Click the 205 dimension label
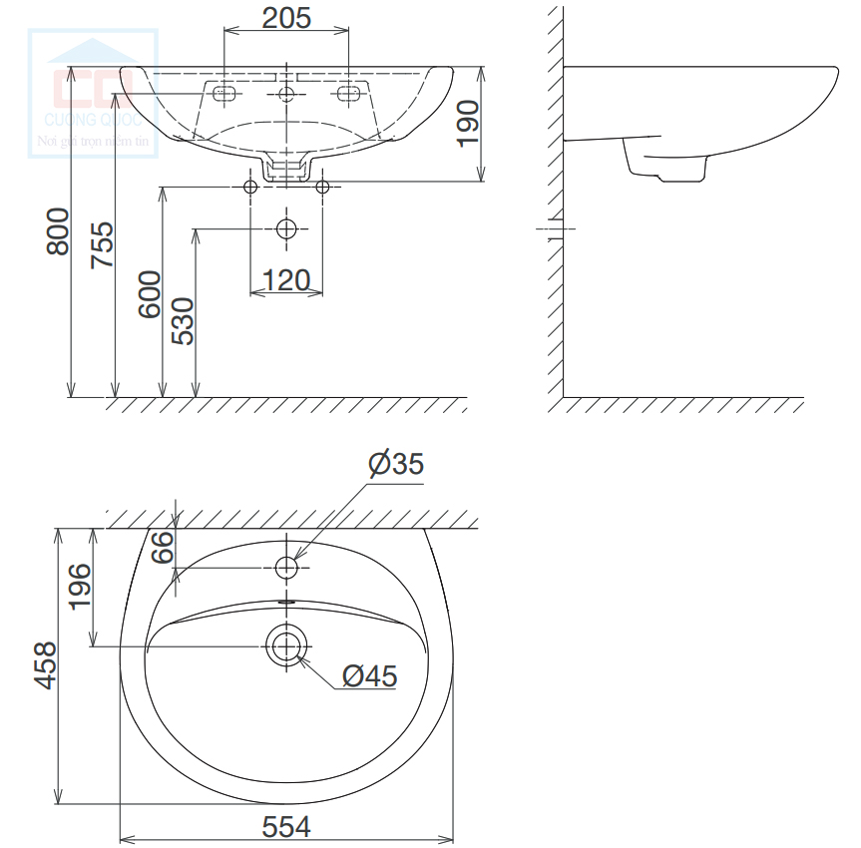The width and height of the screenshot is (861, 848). coord(286,17)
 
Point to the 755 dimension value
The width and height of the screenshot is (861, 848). coord(101,244)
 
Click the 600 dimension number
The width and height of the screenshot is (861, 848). coord(149,293)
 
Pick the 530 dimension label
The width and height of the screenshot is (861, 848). coord(182,320)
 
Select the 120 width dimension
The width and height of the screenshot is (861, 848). coord(286,280)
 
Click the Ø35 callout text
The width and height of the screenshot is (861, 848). coord(395,464)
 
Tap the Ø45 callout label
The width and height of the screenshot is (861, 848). coord(369,676)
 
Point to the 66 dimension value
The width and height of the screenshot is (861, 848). coord(163,547)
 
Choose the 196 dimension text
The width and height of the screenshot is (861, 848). coord(80,587)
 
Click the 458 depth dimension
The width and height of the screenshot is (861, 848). coord(43,665)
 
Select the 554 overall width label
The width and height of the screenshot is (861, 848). coord(286,826)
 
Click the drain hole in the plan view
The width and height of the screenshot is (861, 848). coord(286,645)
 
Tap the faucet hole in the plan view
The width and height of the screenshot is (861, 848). coord(286,569)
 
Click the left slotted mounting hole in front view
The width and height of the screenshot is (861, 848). coord(224,94)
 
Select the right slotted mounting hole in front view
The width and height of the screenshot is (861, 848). coord(349,94)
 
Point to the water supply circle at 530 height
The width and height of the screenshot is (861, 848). coord(286,228)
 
